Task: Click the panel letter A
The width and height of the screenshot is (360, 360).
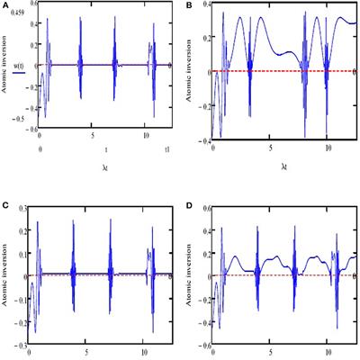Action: tap(5, 5)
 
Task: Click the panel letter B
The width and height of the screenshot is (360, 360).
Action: tap(188, 5)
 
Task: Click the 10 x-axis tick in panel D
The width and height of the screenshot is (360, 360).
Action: tap(328, 343)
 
